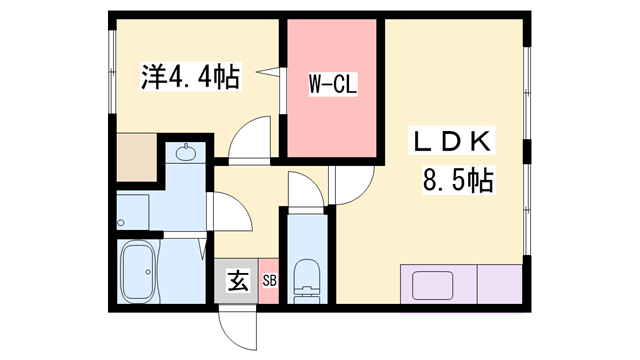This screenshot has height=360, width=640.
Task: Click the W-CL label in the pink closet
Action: (x=332, y=86)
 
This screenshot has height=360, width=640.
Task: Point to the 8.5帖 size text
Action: (x=456, y=182)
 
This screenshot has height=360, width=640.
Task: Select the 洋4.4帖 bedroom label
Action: (x=189, y=76)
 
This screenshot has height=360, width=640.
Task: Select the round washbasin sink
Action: (x=185, y=154)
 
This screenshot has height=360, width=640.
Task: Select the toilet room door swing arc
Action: (x=305, y=190)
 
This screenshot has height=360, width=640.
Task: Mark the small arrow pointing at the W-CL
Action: (x=266, y=72)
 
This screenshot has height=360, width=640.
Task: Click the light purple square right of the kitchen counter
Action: (x=499, y=283)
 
